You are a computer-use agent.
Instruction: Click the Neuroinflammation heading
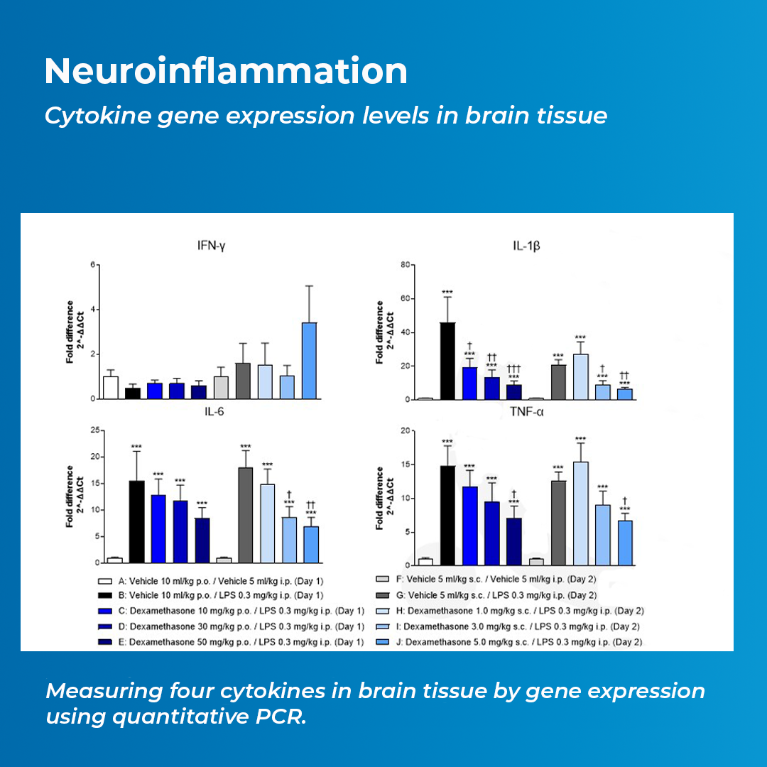point(226,71)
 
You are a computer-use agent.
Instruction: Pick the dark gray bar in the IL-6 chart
point(246,514)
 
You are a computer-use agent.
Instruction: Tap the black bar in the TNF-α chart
point(447,515)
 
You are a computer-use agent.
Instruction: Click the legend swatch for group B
point(104,595)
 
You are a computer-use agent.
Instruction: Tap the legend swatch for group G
point(383,595)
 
